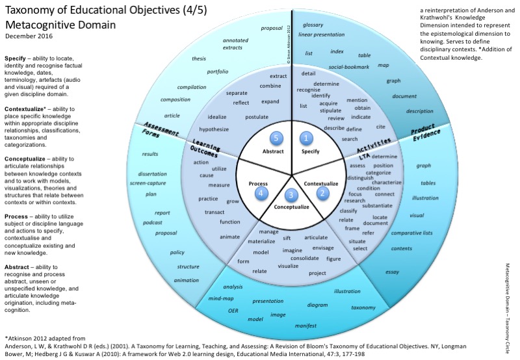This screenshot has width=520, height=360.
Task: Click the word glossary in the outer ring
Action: click(x=312, y=23)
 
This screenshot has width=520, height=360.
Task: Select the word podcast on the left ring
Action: click(x=152, y=223)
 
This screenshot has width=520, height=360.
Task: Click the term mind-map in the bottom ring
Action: click(x=220, y=298)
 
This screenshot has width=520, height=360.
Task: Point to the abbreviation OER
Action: click(x=233, y=311)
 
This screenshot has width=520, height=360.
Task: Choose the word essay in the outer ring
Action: click(x=392, y=272)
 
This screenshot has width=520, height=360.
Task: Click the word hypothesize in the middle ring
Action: click(x=214, y=129)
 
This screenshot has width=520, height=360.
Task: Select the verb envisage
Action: click(x=323, y=248)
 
